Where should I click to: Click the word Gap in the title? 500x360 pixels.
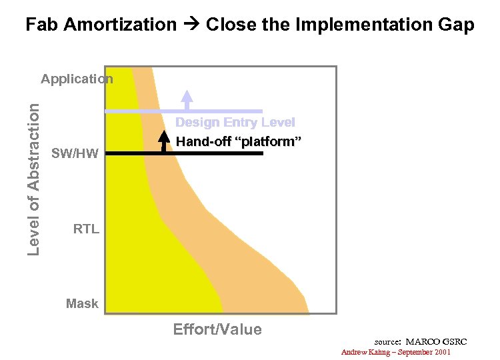457,25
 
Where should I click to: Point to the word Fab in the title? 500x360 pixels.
41,25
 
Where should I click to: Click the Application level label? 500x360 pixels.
77,79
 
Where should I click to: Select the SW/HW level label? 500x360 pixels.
75,154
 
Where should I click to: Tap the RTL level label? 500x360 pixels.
86,229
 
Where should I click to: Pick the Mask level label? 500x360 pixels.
82,304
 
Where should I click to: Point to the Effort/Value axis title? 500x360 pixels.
217,329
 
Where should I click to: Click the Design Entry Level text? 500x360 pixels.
235,123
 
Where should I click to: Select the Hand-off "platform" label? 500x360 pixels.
239,141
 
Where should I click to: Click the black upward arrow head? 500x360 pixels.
164,137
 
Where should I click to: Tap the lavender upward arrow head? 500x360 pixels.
187,95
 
